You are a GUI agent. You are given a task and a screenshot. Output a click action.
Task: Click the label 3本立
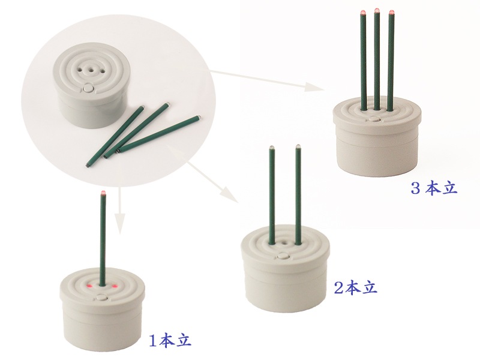434,188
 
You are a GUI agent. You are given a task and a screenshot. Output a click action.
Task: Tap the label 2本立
355,288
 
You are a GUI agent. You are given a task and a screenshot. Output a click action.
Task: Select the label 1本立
170,341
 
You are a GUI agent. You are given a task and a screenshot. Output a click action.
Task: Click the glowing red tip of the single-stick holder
103,193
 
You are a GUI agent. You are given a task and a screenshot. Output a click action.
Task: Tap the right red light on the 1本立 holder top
115,287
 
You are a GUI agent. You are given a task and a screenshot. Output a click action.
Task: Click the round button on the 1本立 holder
101,297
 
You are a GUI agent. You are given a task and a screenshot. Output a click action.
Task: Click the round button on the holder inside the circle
88,89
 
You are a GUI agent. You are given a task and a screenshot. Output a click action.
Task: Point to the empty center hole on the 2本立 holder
284,242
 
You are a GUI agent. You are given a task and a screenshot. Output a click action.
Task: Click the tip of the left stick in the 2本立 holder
271,148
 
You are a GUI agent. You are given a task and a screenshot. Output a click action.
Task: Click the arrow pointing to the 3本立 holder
267,80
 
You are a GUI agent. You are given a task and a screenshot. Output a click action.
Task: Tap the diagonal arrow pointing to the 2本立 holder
213,182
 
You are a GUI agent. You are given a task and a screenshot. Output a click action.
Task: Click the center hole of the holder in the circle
91,70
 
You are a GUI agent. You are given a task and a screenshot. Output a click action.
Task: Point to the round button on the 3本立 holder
373,119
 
